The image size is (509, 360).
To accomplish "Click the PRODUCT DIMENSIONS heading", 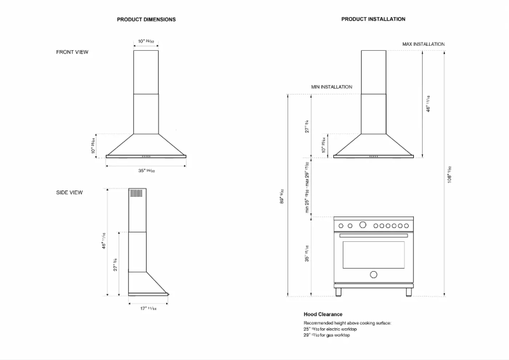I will click(146, 20).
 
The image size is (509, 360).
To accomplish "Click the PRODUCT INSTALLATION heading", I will click(373, 20).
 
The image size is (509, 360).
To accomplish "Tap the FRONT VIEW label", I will click(72, 52).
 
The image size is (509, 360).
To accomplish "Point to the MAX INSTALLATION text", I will click(423, 44).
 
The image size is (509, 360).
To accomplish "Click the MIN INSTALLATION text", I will click(331, 86).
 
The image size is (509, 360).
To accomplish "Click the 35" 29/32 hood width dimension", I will click(146, 170).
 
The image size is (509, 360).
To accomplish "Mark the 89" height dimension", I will click(282, 195).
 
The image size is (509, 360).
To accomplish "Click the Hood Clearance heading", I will click(322, 314).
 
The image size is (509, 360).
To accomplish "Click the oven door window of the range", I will click(373, 254).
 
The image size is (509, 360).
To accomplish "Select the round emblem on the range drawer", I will click(373, 275).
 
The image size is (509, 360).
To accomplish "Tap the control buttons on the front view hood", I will click(146, 156).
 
